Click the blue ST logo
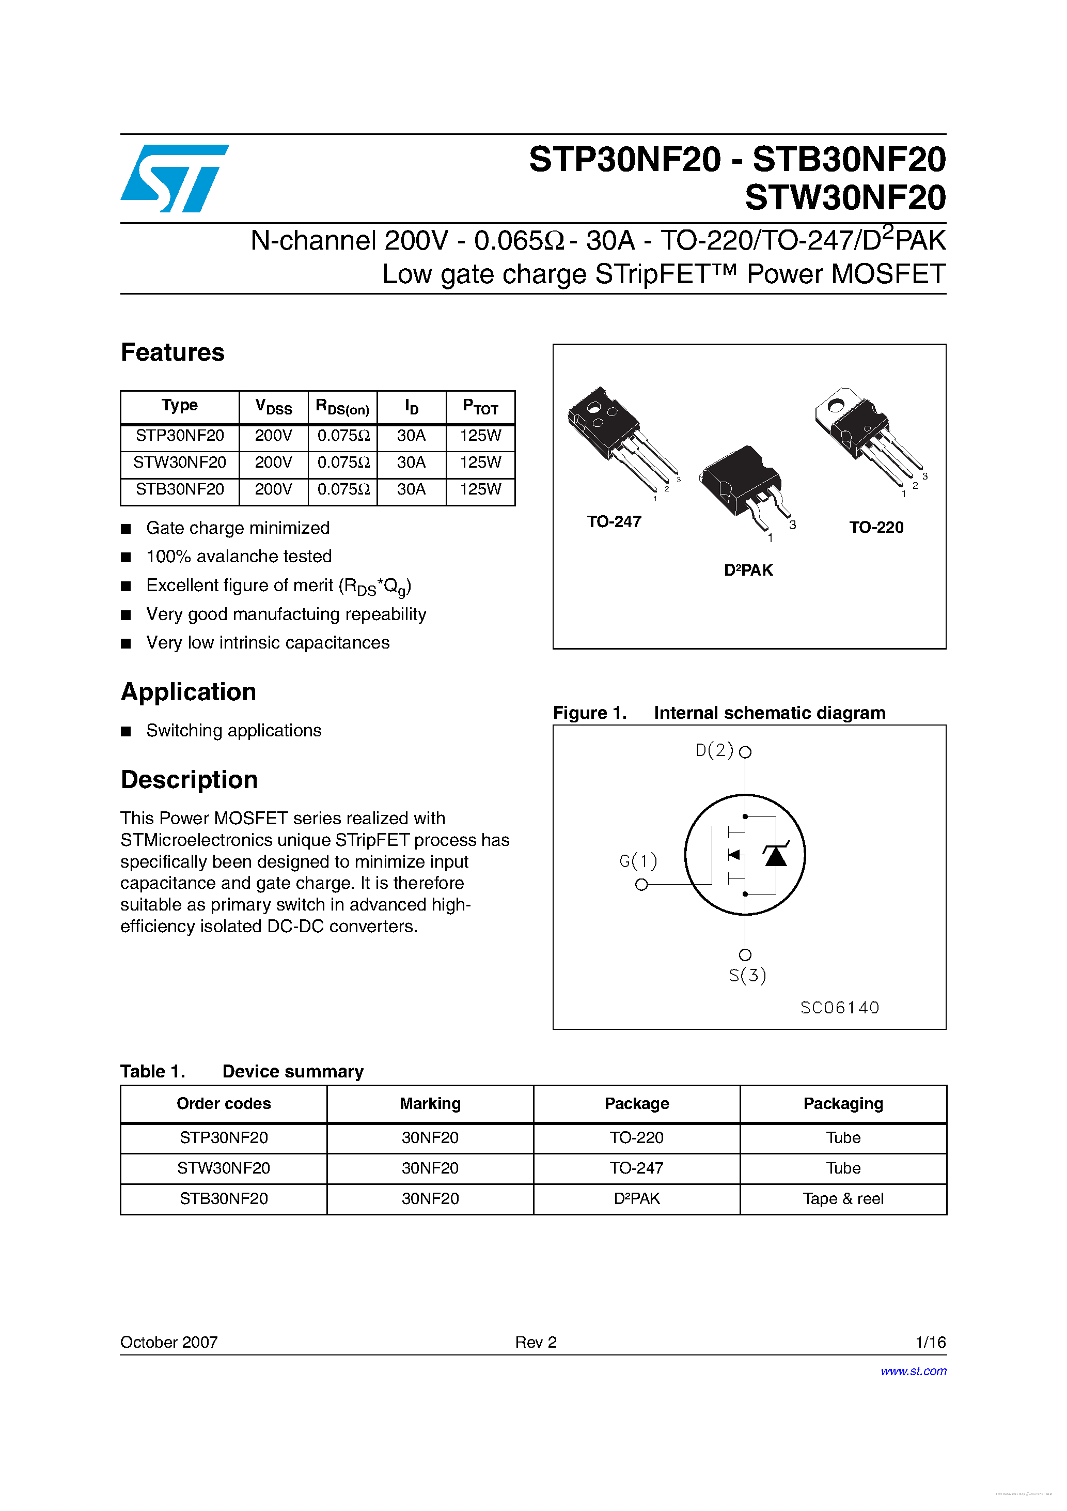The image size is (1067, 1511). [175, 178]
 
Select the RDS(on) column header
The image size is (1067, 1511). [342, 407]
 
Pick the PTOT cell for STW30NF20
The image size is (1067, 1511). [480, 462]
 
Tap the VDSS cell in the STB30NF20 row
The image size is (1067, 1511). [273, 489]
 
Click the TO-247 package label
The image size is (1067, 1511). [614, 522]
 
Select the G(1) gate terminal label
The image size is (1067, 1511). [638, 861]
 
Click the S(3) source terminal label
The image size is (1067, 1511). [747, 975]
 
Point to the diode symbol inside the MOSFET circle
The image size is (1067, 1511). [776, 856]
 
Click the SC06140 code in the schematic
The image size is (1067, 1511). [839, 1008]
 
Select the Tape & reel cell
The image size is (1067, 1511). [843, 1199]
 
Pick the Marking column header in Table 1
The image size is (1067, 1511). [430, 1104]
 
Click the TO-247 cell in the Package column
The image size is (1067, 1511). [636, 1168]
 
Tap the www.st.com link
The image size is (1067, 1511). [913, 1371]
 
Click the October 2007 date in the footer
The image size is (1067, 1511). [169, 1342]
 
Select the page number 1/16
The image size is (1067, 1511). [930, 1342]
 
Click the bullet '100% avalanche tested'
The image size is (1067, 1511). [238, 557]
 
